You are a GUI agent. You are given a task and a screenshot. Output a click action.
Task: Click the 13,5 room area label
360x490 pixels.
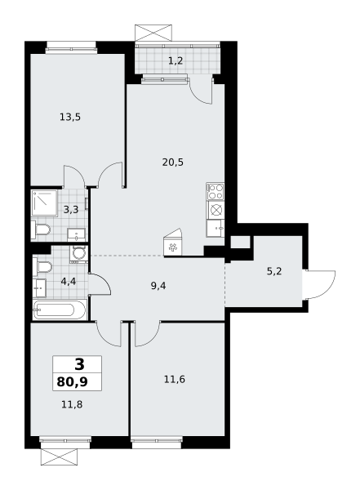tap(70, 117)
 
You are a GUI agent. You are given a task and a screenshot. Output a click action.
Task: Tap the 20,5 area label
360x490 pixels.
tap(173, 163)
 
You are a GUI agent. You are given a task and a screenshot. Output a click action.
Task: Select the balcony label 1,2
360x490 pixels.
tap(176, 60)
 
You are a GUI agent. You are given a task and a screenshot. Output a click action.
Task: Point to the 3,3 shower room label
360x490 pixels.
tap(71, 209)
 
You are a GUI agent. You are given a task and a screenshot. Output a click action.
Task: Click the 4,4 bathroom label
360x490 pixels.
tap(69, 282)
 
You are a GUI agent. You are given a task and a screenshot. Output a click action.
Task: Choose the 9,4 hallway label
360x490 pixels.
tap(158, 286)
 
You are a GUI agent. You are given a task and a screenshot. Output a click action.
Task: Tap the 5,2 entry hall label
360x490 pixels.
tap(274, 271)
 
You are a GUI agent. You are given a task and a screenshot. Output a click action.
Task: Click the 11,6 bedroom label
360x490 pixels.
tap(175, 380)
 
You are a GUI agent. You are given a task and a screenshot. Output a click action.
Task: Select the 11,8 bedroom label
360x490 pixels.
tap(72, 405)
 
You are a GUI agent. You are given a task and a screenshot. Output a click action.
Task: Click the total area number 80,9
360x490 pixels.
tap(72, 381)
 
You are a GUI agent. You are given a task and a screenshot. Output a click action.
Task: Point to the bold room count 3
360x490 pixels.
tap(79, 364)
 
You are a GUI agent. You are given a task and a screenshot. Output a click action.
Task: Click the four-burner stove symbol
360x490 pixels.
tap(216, 192)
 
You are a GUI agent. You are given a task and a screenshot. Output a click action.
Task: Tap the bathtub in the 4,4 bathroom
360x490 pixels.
tap(60, 310)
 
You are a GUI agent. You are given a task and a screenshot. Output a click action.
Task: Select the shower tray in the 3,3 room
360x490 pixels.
tap(44, 203)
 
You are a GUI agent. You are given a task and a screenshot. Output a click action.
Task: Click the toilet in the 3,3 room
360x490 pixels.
tap(41, 230)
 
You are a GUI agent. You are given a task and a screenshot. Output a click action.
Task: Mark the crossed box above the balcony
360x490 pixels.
tap(153, 33)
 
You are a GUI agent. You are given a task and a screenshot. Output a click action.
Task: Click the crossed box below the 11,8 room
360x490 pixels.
tap(59, 457)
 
